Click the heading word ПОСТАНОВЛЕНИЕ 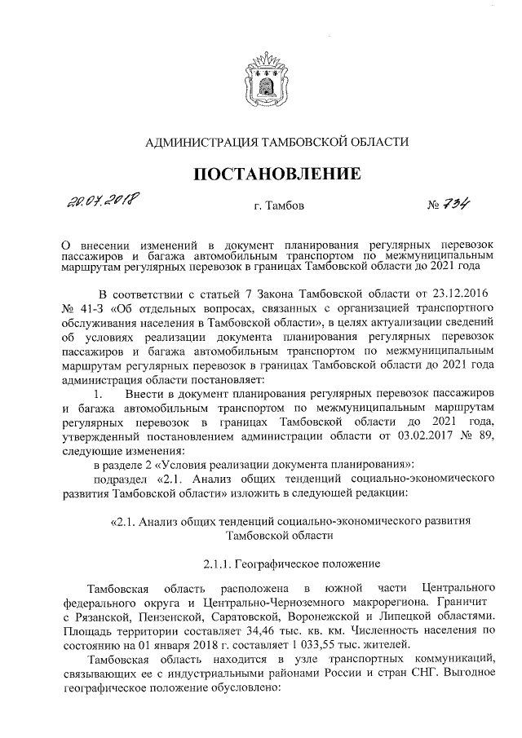pyautogui.click(x=276, y=174)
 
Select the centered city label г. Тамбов pyautogui.click(x=279, y=207)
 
